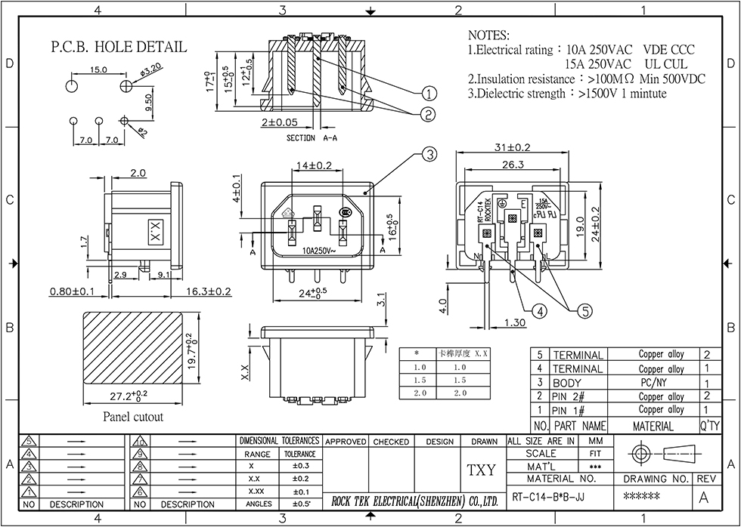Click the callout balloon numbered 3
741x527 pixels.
click(x=429, y=156)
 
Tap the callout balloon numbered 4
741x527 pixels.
click(x=538, y=310)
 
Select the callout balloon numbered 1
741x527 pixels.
click(x=429, y=94)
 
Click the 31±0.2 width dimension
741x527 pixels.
click(x=511, y=147)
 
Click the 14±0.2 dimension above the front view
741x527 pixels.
click(x=314, y=165)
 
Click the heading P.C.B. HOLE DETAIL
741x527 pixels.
click(x=119, y=47)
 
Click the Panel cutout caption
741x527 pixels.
click(x=132, y=416)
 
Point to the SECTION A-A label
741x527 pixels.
click(x=312, y=139)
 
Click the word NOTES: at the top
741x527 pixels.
click(x=489, y=35)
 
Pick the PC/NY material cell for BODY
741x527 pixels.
click(x=652, y=383)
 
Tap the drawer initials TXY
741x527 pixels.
click(x=481, y=470)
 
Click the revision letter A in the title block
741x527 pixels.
click(x=704, y=498)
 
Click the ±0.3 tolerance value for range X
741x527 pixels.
click(x=299, y=467)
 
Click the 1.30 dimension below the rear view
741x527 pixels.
click(x=514, y=322)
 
